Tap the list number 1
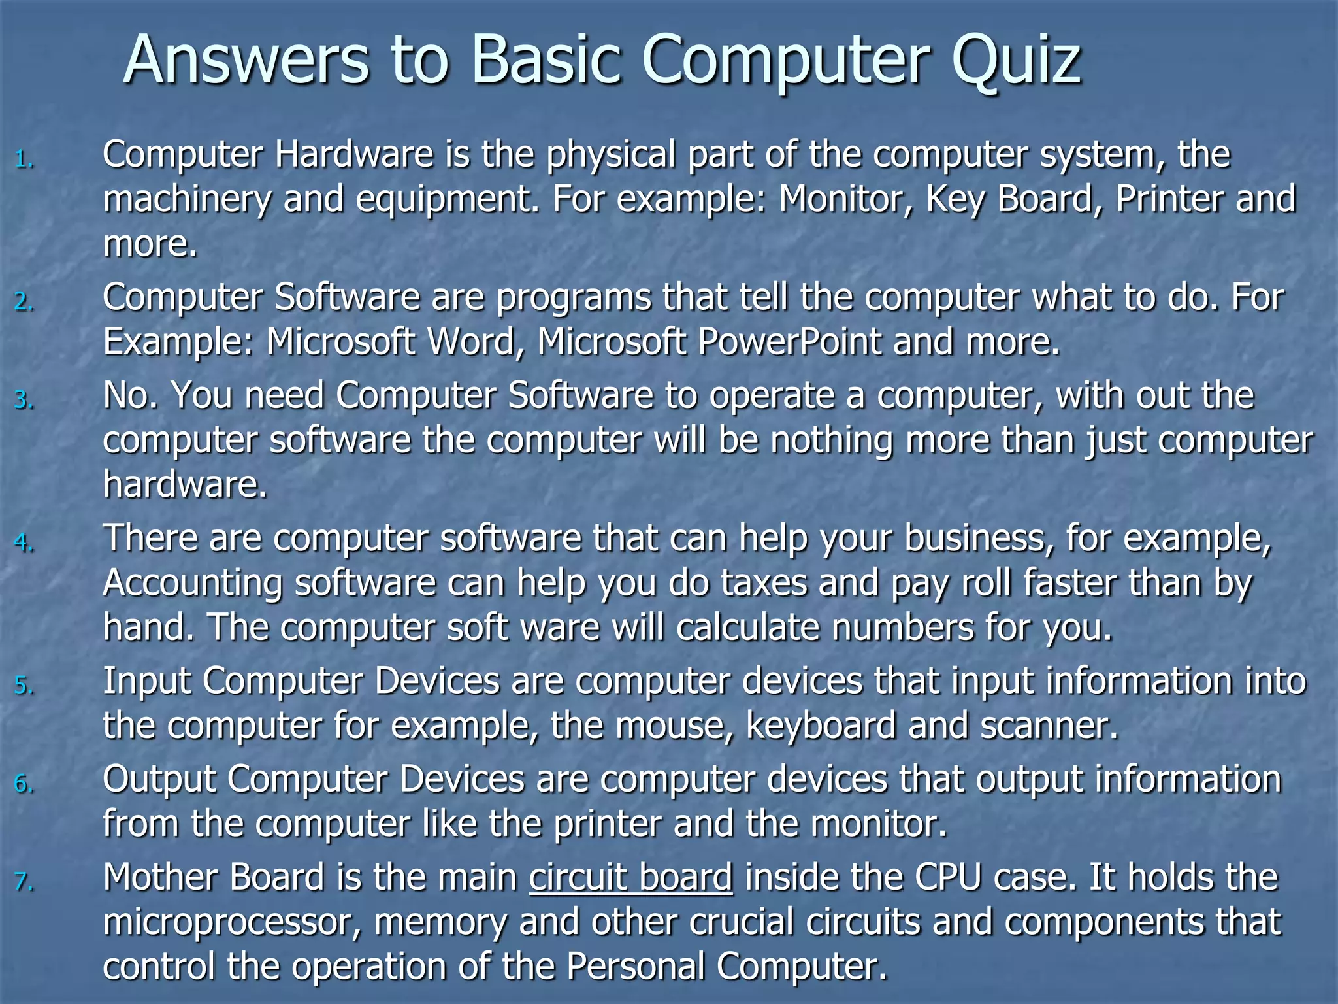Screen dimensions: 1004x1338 click(x=24, y=159)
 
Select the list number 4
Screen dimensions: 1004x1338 click(x=24, y=543)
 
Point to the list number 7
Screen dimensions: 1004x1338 click(x=24, y=882)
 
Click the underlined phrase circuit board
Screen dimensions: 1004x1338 click(x=630, y=877)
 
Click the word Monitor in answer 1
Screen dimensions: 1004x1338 click(x=845, y=199)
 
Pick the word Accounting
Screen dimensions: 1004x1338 click(x=193, y=583)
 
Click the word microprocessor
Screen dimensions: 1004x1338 click(x=232, y=923)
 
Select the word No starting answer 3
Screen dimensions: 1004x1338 click(x=130, y=395)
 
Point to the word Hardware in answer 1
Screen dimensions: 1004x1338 click(x=353, y=155)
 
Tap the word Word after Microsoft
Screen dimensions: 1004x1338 click(x=471, y=341)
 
